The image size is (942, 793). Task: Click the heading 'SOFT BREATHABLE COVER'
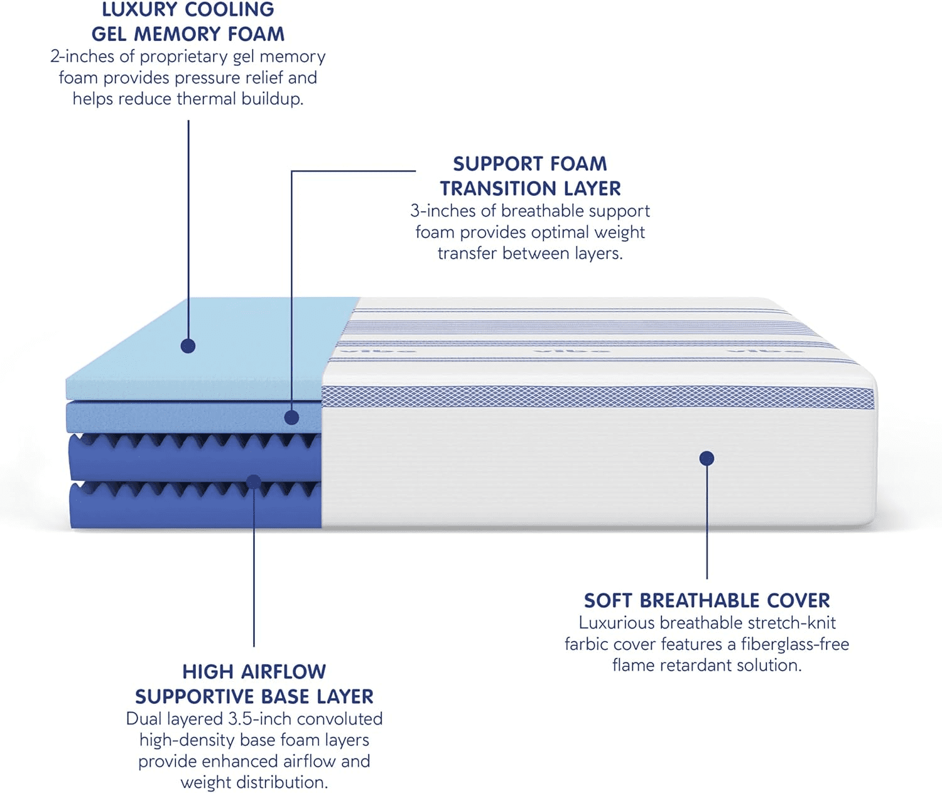[706, 600]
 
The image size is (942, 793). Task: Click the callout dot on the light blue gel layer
[188, 346]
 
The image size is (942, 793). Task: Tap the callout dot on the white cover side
[706, 458]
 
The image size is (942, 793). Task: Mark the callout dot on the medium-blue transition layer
[291, 418]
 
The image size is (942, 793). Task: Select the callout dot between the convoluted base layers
[254, 482]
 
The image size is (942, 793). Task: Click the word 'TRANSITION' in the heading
[498, 188]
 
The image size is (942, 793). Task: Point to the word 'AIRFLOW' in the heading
[283, 672]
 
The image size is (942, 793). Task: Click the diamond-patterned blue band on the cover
[598, 397]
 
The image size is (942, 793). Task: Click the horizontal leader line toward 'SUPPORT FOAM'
[353, 171]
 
